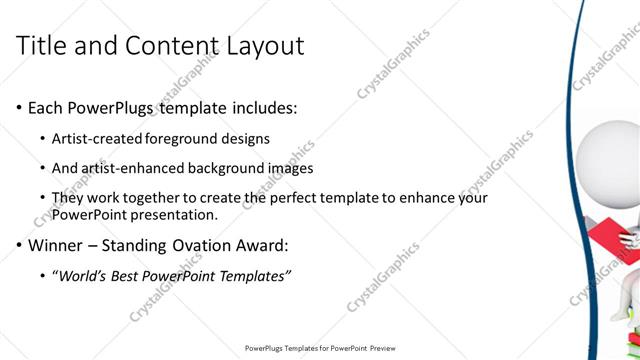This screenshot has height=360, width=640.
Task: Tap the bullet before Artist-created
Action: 41,139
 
